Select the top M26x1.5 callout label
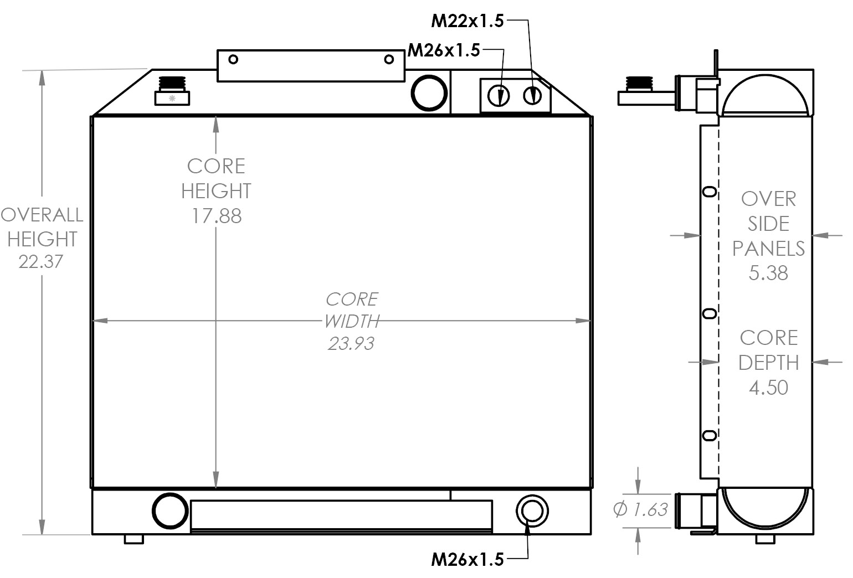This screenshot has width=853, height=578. click(x=444, y=50)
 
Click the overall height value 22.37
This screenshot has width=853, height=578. click(x=41, y=261)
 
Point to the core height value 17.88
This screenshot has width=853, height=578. click(x=217, y=216)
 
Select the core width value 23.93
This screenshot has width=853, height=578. click(x=351, y=343)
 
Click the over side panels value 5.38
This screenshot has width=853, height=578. click(x=768, y=273)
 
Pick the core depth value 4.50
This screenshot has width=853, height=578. click(x=768, y=387)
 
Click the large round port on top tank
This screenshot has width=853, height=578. click(x=429, y=93)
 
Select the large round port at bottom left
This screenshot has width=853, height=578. click(x=170, y=511)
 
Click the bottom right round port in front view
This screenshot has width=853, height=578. click(x=532, y=510)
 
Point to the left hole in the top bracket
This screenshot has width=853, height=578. click(x=233, y=59)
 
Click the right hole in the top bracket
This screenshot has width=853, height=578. click(x=389, y=59)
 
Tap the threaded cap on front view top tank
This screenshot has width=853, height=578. click(x=172, y=91)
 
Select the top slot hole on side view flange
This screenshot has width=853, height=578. click(x=708, y=192)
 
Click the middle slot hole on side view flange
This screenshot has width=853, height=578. click(x=708, y=314)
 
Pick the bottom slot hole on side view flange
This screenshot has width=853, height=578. click(x=708, y=435)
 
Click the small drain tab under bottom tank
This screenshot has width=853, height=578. click(x=133, y=539)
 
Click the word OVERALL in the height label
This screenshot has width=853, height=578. click(x=42, y=215)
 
